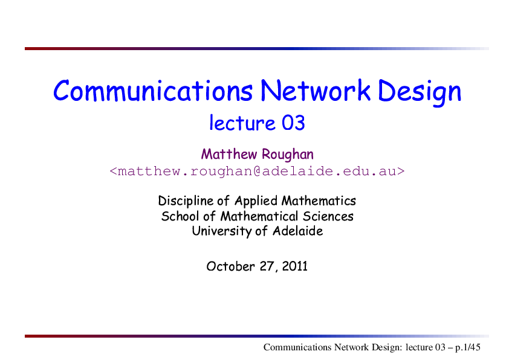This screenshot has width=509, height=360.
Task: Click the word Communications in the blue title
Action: click(153, 91)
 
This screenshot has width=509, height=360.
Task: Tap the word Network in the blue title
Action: click(315, 91)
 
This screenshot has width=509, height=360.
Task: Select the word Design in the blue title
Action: click(420, 92)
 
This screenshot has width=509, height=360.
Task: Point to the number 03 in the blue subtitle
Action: click(293, 123)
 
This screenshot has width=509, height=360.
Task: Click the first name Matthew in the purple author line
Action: click(229, 154)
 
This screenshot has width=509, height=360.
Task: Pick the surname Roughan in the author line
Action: click(288, 155)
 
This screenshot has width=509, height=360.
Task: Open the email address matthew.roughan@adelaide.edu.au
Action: click(257, 171)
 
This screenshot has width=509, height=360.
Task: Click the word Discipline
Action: click(186, 201)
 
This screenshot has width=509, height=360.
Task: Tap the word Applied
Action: click(256, 201)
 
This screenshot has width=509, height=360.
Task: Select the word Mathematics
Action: click(319, 201)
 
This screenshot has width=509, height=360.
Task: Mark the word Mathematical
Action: click(259, 216)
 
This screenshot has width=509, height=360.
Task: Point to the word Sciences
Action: click(328, 216)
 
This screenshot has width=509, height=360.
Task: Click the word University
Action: click(221, 231)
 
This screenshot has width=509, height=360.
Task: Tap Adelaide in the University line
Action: click(297, 231)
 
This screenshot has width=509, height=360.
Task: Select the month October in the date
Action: click(230, 266)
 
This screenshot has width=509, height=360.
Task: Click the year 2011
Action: click(294, 266)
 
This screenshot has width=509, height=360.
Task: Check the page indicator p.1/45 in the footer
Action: click(467, 348)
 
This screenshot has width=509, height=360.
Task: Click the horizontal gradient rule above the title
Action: click(257, 49)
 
